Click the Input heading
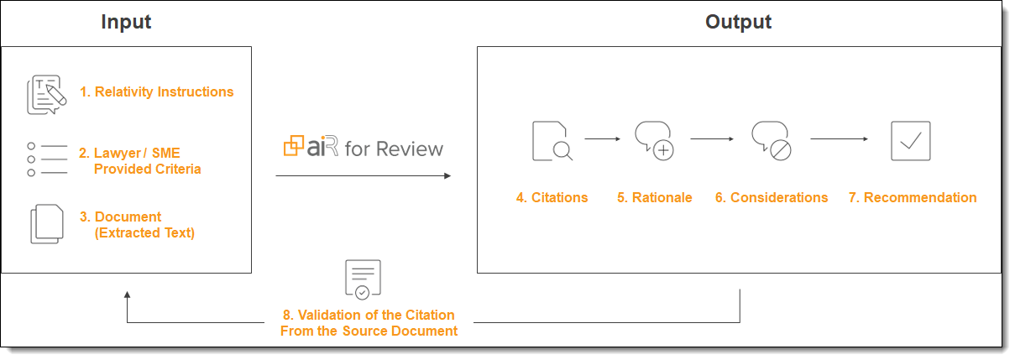[126, 23]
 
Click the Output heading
[738, 23]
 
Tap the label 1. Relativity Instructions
[156, 92]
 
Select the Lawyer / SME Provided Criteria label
[140, 160]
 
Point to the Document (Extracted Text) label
[138, 224]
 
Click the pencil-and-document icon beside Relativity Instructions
[46, 94]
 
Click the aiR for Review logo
[363, 149]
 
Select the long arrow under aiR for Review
[363, 175]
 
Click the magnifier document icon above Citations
[552, 140]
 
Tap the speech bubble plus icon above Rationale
[655, 140]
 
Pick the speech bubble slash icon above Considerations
[771, 140]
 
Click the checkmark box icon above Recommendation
[911, 140]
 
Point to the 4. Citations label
[552, 198]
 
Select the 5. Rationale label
[655, 198]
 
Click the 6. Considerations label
[771, 198]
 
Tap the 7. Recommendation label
[912, 198]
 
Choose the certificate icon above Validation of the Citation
[363, 279]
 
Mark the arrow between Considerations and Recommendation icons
[839, 139]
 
